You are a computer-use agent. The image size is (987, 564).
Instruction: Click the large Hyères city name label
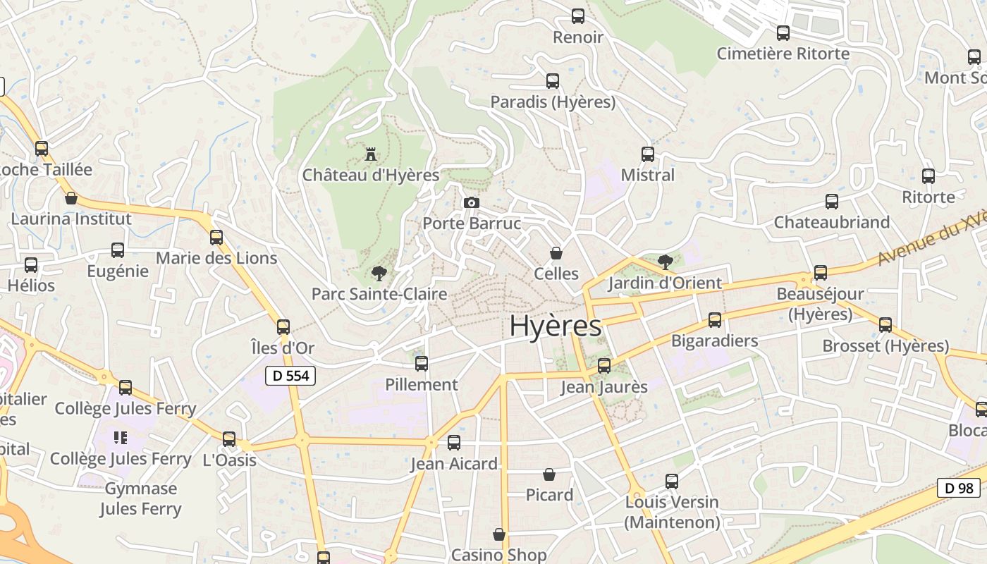(x=556, y=326)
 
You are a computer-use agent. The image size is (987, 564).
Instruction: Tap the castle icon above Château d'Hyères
(x=371, y=153)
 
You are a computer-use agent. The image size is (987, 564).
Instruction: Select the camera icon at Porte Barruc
(x=472, y=203)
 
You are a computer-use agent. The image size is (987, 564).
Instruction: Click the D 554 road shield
(x=290, y=376)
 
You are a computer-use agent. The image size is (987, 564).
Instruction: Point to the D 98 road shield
(x=958, y=488)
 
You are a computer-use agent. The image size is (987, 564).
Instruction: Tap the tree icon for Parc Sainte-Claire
(x=379, y=273)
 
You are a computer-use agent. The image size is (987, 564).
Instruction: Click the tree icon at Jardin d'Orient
(x=665, y=263)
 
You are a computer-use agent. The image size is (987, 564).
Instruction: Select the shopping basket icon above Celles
(x=556, y=253)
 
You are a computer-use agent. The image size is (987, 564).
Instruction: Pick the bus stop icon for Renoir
(x=578, y=16)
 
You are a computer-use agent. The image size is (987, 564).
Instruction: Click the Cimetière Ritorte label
(x=783, y=54)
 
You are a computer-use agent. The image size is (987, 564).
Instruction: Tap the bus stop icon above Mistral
(x=648, y=154)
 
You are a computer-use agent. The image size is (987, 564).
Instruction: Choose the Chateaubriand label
(x=832, y=222)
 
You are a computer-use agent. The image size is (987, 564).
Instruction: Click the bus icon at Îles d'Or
(x=283, y=327)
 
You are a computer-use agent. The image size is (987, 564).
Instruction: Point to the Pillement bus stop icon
(x=422, y=364)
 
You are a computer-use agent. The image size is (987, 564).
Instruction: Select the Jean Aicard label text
(x=454, y=464)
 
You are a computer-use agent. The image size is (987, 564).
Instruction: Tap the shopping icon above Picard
(x=549, y=474)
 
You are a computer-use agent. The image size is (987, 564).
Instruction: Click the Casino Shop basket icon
(x=499, y=534)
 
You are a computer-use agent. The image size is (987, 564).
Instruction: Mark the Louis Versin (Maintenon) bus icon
(x=672, y=482)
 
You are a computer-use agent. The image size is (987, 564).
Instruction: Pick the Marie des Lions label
(x=216, y=258)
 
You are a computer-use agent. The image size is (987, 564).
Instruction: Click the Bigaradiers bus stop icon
(x=715, y=320)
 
